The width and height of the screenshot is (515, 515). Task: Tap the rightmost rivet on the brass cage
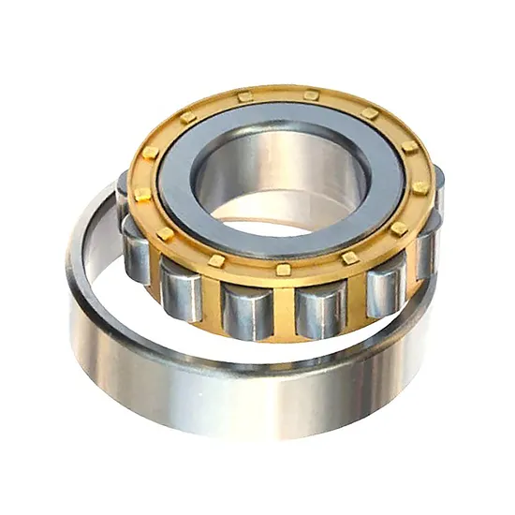420,187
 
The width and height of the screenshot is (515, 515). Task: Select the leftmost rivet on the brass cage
141,194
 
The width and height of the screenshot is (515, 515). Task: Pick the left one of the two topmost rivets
244,96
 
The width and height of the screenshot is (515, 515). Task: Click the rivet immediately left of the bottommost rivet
217,259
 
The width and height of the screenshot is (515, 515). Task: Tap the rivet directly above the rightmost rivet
409,148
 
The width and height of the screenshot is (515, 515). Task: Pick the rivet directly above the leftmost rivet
151,152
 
